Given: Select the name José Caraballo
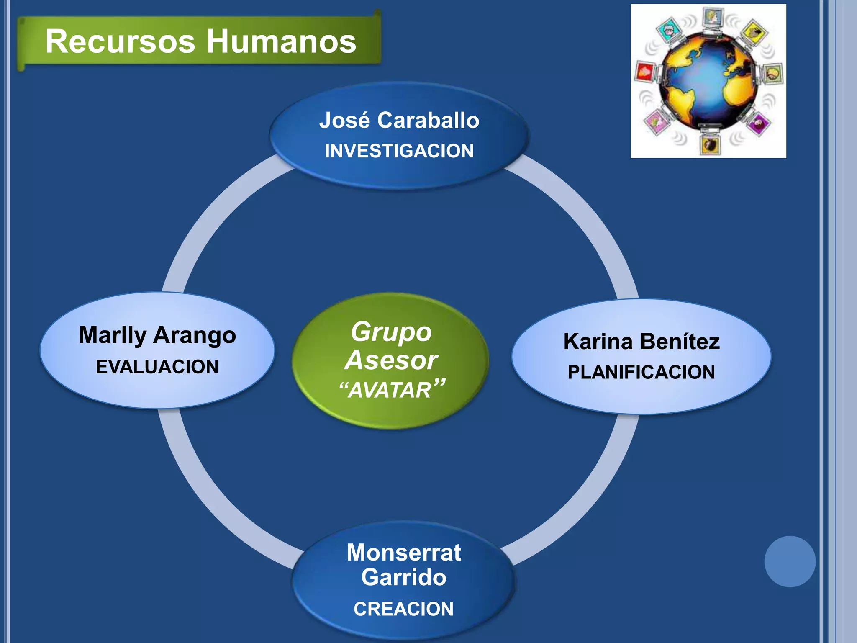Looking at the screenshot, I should (x=399, y=120).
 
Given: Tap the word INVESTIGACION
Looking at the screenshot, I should (x=399, y=151).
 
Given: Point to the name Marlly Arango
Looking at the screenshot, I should (x=157, y=335).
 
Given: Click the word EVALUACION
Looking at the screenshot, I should (x=157, y=367).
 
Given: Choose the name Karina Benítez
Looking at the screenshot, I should (x=641, y=341).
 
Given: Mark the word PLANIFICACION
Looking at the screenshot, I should (x=641, y=372).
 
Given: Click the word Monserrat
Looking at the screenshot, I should (x=404, y=552).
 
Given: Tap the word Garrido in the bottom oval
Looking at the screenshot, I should (x=404, y=577).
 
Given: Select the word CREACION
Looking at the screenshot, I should (x=404, y=609).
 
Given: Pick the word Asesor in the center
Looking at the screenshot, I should (x=391, y=360).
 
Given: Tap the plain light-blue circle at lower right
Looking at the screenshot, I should (x=790, y=561).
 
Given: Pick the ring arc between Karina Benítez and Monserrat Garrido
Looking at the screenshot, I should (x=586, y=498).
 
